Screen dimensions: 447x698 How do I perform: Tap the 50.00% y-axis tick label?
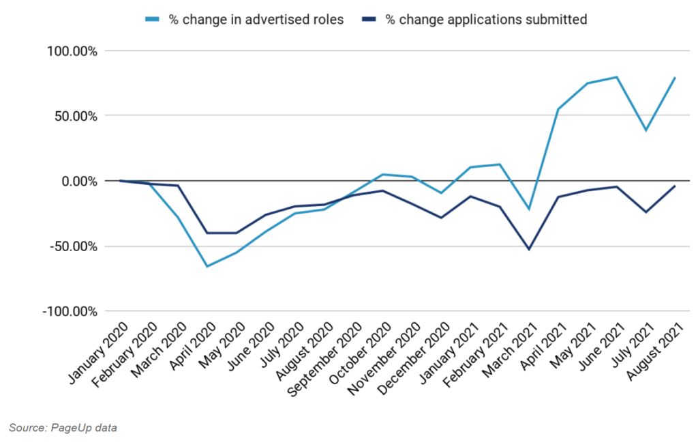72,116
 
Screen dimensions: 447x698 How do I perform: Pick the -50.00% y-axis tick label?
70,246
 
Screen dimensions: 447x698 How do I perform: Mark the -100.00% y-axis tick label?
67,311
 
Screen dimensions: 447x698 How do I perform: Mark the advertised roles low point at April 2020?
207,266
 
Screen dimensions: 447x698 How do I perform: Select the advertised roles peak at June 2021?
617,77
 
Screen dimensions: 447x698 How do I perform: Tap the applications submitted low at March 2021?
529,249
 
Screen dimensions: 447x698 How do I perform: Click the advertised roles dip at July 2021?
646,130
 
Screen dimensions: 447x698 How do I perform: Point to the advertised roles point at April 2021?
558,109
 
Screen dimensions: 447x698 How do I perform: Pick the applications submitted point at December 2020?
441,218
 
